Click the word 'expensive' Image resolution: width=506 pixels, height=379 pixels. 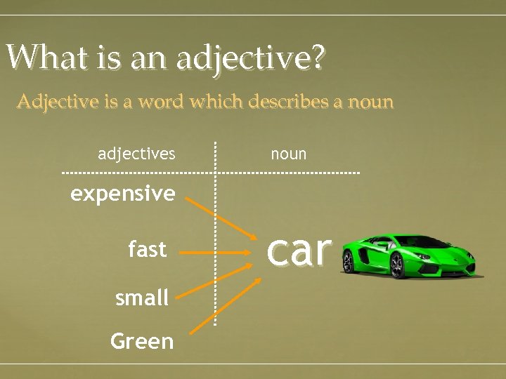click(123, 193)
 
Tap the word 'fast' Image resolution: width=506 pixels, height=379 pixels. click(148, 249)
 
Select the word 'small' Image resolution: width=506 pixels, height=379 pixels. click(142, 298)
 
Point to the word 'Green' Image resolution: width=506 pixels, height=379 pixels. click(142, 341)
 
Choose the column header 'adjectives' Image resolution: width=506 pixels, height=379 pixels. click(136, 153)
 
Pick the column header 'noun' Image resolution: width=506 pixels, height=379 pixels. click(289, 153)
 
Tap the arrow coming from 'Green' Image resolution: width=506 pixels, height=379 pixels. click(226, 302)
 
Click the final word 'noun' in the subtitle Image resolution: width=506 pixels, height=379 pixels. click(371, 102)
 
